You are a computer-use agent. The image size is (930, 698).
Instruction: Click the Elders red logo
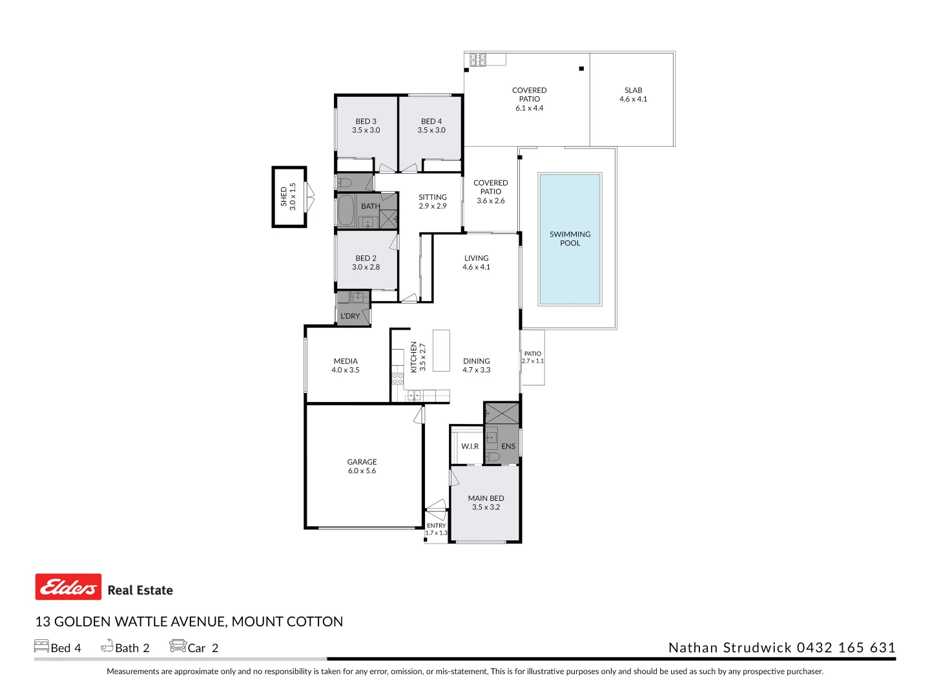(68, 587)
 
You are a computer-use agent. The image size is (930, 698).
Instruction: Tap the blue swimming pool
(570, 239)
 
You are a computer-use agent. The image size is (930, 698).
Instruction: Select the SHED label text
(284, 196)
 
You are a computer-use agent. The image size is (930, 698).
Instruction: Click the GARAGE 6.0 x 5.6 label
(362, 466)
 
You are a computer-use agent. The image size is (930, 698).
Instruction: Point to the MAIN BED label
(486, 498)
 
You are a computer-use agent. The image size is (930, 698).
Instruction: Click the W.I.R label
(470, 446)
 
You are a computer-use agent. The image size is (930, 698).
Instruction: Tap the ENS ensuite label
(508, 446)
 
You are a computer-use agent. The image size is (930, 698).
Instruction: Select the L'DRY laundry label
(350, 316)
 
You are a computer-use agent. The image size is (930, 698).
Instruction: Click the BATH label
(371, 206)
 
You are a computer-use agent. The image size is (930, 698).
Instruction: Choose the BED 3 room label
(366, 122)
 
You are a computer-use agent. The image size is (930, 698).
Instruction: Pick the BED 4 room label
(431, 122)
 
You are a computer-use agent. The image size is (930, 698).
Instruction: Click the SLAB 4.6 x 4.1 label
(634, 94)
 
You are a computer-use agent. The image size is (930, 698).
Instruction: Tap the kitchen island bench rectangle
(441, 351)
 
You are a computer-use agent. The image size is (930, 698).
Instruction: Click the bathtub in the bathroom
(346, 211)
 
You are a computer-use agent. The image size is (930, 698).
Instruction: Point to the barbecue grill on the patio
(478, 59)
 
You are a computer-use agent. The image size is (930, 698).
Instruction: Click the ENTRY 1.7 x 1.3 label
(437, 529)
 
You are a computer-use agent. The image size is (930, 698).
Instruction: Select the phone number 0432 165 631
(846, 648)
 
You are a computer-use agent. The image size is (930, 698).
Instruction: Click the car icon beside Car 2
(178, 646)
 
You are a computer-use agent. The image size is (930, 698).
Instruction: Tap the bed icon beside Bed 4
(41, 646)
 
